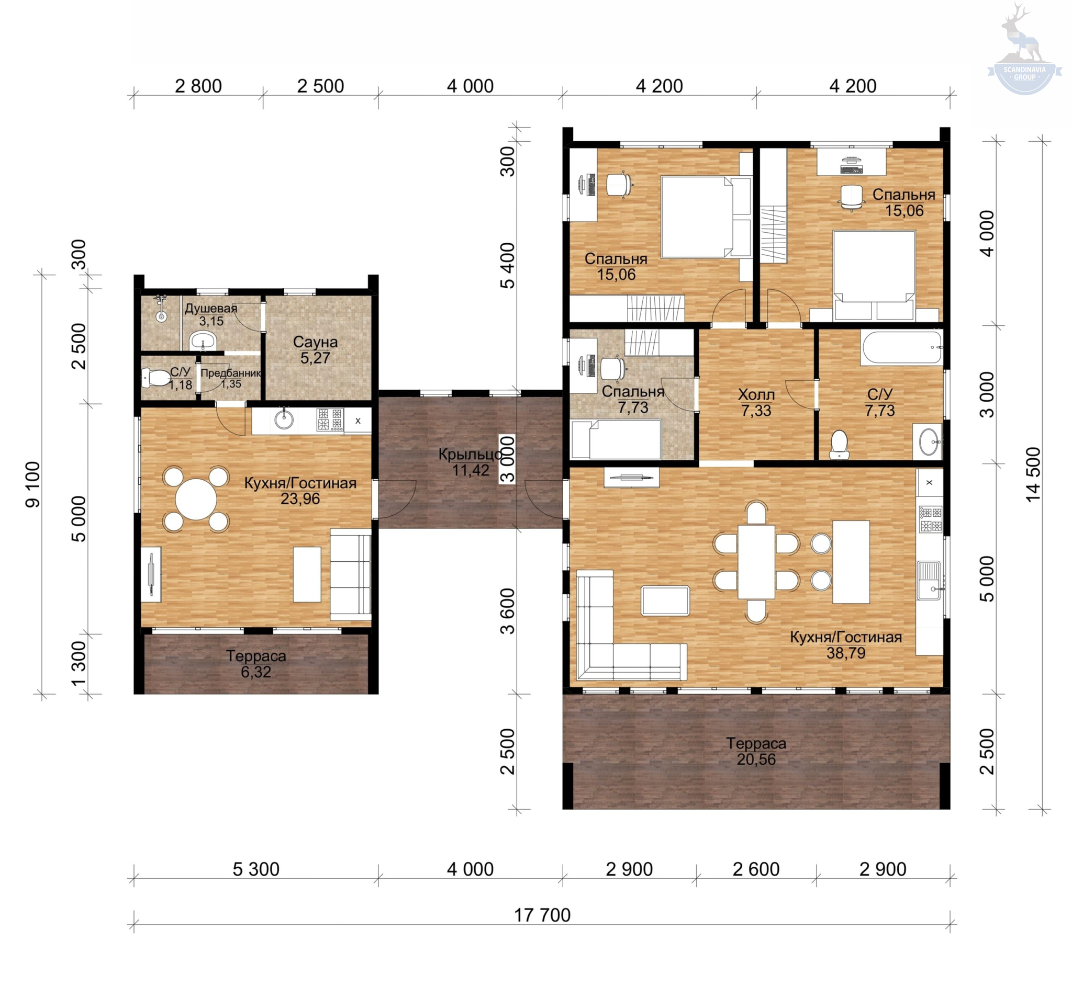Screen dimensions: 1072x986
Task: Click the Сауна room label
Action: tap(315, 342)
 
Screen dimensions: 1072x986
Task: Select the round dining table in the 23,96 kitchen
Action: tap(196, 500)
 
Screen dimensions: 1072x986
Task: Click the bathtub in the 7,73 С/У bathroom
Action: tap(901, 348)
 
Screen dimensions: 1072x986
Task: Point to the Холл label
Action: tap(756, 395)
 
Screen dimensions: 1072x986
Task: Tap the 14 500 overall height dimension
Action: tap(1033, 474)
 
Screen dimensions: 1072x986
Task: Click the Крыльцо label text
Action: tap(471, 455)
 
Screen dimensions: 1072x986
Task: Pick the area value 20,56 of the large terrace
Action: tap(756, 759)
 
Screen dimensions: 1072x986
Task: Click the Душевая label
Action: tap(211, 309)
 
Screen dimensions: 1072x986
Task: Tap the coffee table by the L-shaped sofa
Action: tap(665, 601)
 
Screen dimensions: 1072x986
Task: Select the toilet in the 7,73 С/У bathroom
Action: tap(839, 445)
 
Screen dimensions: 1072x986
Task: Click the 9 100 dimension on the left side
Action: tap(32, 484)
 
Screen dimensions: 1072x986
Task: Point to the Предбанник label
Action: tap(231, 373)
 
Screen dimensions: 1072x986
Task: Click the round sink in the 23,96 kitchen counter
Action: tap(284, 420)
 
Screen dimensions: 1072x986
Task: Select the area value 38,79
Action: tap(846, 652)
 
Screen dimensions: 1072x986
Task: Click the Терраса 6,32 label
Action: tap(256, 664)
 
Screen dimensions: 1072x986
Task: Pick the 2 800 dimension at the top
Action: tap(198, 86)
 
